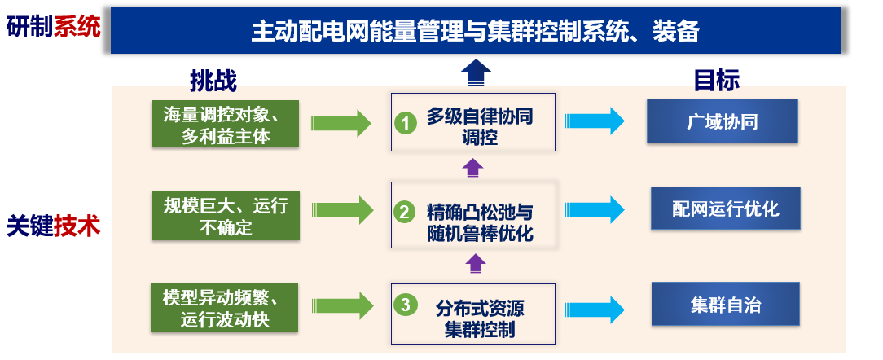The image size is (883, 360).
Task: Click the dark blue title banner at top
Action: coord(476,31)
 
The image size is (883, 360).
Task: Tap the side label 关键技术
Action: coord(54,226)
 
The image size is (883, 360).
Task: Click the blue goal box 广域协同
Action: coord(722,121)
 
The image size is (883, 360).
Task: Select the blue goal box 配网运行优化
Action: coord(725,209)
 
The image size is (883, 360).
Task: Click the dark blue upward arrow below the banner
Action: coord(476,72)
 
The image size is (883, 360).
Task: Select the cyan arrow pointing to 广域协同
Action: coord(595,121)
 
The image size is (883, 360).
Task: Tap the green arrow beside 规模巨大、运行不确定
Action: coord(340,210)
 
